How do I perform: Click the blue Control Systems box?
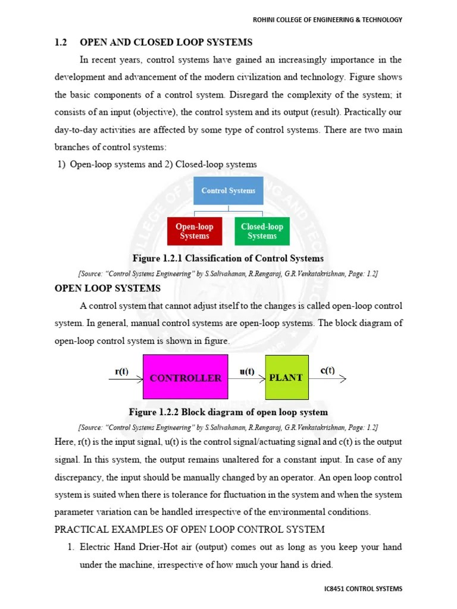coord(228,191)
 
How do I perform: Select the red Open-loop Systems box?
coord(195,231)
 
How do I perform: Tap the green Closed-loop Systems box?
coord(262,231)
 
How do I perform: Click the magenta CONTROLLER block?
coord(186,377)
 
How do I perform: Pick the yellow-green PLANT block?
coord(287,377)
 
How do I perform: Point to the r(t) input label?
coord(121,372)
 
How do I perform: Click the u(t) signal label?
coord(246,372)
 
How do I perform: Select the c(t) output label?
coord(327,371)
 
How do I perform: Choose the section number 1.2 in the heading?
coord(61,42)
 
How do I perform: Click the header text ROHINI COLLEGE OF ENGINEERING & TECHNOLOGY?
coord(328,20)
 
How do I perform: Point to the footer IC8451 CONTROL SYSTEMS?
coord(361,589)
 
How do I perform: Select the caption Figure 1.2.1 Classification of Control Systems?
coord(228,258)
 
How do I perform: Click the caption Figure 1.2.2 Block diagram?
coord(228,412)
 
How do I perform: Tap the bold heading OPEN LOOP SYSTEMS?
coord(108,288)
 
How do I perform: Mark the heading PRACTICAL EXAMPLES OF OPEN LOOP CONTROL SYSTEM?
coord(190,529)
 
